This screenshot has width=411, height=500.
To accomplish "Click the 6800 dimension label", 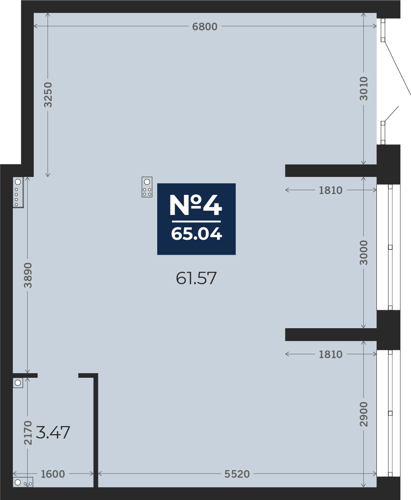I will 205,27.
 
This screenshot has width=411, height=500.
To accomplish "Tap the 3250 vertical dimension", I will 48,94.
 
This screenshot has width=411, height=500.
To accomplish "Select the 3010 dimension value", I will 363,88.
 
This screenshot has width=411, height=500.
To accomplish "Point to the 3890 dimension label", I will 28,275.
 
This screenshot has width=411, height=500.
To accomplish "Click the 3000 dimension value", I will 364,253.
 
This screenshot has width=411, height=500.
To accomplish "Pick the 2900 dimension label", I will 364,414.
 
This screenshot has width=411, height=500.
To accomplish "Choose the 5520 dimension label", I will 237,474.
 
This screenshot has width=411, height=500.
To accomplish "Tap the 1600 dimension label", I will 53,474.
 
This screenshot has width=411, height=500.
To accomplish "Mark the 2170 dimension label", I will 28,432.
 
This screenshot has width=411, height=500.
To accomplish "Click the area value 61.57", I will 196,279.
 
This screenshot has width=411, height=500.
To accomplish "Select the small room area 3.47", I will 53,432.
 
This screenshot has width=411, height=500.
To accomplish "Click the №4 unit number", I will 196,205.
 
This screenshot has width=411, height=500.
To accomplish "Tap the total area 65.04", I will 196,234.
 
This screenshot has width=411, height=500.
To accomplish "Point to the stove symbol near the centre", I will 147,187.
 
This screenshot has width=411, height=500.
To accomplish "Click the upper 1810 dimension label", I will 330,191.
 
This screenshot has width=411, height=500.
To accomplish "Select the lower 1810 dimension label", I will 330,354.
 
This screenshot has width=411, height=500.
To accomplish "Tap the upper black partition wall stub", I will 330,171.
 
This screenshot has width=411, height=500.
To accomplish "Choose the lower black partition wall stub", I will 330,335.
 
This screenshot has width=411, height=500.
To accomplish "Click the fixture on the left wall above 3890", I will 18,192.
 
